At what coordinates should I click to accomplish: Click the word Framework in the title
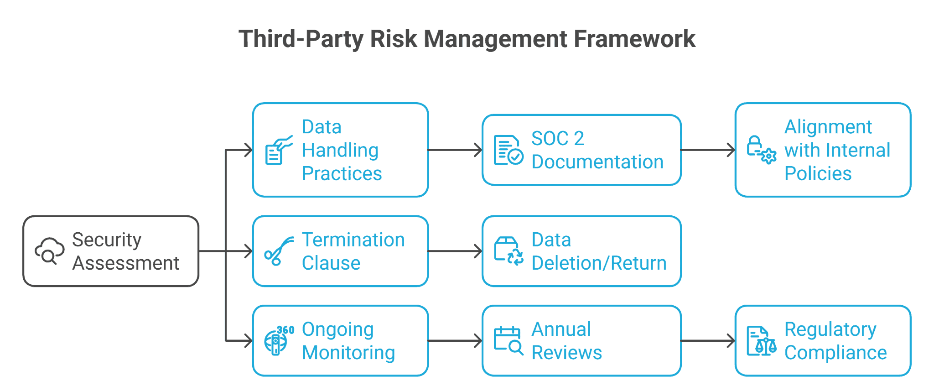coord(634,38)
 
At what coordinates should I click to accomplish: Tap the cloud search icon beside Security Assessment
coord(49,251)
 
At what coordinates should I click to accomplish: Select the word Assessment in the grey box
coord(126,263)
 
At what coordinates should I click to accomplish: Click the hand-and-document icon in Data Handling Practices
coord(278,150)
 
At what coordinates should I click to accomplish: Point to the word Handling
coord(340,150)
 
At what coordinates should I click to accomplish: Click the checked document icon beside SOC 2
coord(508,150)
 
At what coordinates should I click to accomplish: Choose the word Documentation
coord(597,162)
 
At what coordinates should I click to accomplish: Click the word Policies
coord(818,174)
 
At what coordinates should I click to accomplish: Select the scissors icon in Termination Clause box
coord(278,251)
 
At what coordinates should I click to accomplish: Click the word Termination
coord(353,240)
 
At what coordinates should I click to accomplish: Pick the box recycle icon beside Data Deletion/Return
coord(508,251)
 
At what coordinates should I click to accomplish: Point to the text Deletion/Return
coord(599,263)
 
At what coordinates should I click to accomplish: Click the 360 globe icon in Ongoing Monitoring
coord(278,340)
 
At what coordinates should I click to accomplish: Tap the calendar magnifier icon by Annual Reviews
coord(508,340)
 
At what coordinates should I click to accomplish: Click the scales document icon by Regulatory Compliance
coord(761,340)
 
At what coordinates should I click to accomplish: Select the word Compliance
coord(835,353)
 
